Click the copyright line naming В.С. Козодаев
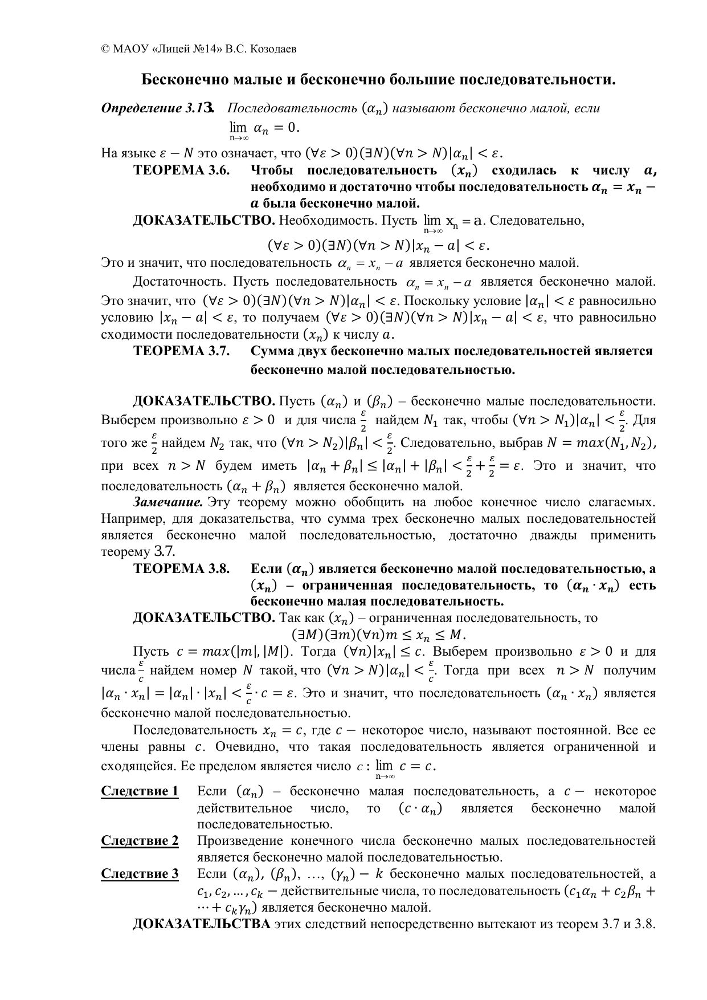coord(199,49)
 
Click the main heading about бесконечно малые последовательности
coord(378,79)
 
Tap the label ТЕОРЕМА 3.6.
coord(181,171)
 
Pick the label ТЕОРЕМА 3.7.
coord(181,351)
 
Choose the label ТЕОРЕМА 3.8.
coord(181,568)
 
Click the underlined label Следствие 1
coord(140,791)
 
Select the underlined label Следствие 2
coord(140,841)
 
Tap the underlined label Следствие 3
coord(140,874)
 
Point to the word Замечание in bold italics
coord(168,502)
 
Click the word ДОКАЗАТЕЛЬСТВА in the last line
coord(202,924)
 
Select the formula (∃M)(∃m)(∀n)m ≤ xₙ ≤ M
coord(378,635)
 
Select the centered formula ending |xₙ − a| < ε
coord(378,246)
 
